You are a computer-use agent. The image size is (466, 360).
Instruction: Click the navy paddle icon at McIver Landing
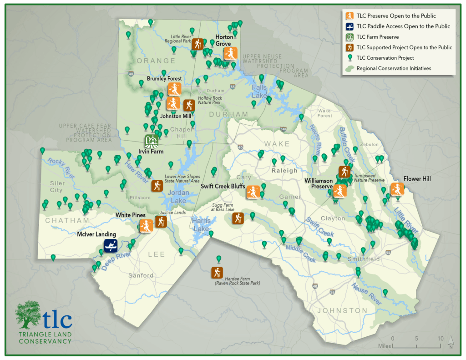coord(110,246)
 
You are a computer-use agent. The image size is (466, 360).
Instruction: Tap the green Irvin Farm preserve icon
coord(151,141)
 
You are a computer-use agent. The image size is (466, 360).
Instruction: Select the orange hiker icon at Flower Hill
coord(397,189)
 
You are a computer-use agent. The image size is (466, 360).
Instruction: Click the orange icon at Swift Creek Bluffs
coord(253,192)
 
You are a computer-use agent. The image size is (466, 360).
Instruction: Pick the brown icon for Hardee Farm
coord(217,273)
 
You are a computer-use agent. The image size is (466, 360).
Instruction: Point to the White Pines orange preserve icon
coord(146,226)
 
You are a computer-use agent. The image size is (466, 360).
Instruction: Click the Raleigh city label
coord(284,171)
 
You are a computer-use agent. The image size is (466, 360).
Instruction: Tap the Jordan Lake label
coord(177,197)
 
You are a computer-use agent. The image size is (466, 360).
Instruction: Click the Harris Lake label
coord(201,224)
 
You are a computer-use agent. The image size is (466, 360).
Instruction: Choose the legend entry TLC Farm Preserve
coord(377,37)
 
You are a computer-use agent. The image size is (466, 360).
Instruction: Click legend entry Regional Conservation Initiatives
coord(394,68)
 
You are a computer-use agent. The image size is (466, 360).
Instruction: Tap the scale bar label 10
coord(440,339)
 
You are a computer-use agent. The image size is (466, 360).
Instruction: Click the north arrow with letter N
coord(451,341)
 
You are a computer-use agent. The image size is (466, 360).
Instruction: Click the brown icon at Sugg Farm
coord(237,218)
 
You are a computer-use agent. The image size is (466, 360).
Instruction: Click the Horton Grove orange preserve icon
coord(230,54)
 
